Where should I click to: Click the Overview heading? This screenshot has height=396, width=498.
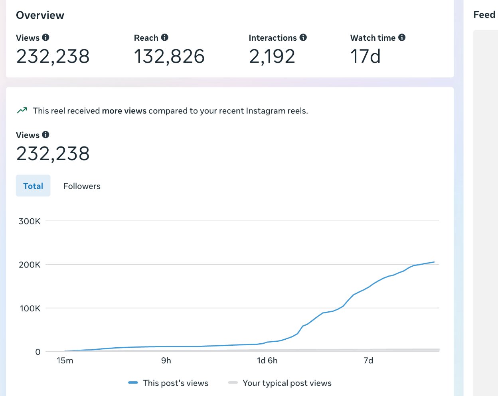(40, 15)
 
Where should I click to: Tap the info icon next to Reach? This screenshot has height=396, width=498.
(164, 38)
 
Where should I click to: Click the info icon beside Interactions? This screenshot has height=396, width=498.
(303, 38)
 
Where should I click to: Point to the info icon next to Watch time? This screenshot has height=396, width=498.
(402, 38)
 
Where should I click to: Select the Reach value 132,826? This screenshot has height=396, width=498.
(169, 56)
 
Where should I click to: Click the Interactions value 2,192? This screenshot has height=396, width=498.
(272, 56)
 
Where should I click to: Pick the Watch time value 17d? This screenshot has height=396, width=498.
(365, 56)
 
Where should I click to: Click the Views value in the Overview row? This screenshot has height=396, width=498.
(53, 56)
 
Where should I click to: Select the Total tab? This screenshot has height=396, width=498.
(33, 186)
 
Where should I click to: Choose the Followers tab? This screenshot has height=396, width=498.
(82, 186)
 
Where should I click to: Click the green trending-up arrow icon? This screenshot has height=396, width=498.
(22, 111)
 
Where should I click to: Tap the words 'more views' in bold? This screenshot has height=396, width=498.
(124, 111)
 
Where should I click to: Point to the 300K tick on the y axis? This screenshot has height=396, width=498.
(30, 221)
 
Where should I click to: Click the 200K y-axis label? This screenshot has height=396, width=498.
(30, 265)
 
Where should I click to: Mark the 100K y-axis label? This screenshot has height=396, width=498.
(30, 309)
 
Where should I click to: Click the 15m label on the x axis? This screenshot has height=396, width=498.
(65, 360)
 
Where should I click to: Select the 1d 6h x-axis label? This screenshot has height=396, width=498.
(267, 360)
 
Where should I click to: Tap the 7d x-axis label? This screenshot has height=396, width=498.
(368, 360)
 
